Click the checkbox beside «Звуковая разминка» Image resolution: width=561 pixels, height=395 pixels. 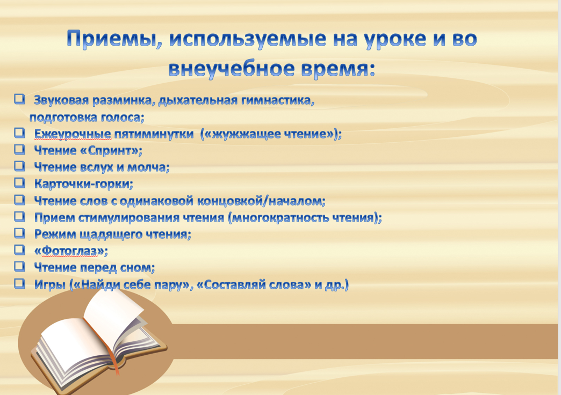(x=19, y=98)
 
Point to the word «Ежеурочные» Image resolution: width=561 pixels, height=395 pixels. (x=73, y=134)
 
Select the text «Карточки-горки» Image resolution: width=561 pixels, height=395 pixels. (x=82, y=184)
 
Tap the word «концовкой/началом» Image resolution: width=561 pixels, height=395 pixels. (x=260, y=201)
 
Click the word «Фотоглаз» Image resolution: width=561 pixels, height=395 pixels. (x=69, y=251)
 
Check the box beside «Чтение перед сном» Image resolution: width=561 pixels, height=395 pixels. (x=19, y=266)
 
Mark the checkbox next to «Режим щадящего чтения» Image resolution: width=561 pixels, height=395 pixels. (x=19, y=232)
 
